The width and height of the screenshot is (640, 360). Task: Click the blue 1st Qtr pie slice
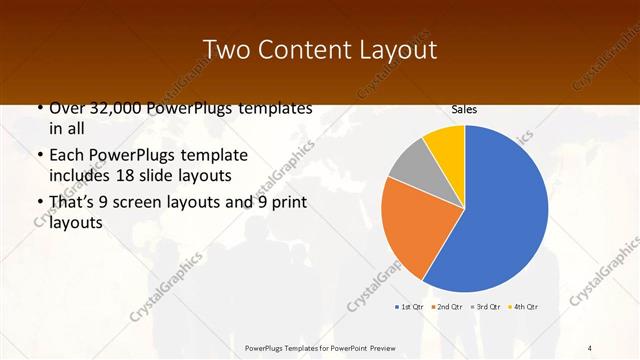point(505,210)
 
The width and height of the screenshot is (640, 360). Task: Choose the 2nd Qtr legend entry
point(447,306)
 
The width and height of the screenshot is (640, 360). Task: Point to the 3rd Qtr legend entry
point(484,306)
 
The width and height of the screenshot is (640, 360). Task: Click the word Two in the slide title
point(226,50)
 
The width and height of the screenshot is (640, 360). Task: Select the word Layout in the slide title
point(400,50)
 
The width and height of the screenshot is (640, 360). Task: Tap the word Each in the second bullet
point(67,157)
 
